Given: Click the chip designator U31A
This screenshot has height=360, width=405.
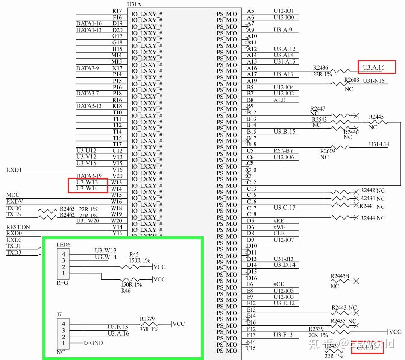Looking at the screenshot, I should pyautogui.click(x=135, y=4).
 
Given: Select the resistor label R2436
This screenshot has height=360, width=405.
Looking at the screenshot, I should pyautogui.click(x=320, y=68).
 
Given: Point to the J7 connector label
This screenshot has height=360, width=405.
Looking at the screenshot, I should pyautogui.click(x=59, y=315).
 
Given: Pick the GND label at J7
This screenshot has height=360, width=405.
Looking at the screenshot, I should pyautogui.click(x=96, y=343).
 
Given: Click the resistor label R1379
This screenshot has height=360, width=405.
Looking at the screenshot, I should pyautogui.click(x=147, y=319).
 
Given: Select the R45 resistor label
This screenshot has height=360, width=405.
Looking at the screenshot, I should pyautogui.click(x=134, y=255).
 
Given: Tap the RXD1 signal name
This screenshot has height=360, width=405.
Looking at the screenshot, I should pyautogui.click(x=14, y=170).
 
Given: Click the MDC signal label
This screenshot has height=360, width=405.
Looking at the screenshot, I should pyautogui.click(x=13, y=195).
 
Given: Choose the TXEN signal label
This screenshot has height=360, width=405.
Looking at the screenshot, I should pyautogui.click(x=15, y=214).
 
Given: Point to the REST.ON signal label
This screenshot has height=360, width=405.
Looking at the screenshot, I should pyautogui.click(x=18, y=227).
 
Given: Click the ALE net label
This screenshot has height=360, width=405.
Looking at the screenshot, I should pyautogui.click(x=279, y=100).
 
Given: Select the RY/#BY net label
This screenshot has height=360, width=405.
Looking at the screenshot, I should pyautogui.click(x=284, y=151).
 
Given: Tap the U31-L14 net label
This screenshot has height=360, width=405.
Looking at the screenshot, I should pyautogui.click(x=379, y=145).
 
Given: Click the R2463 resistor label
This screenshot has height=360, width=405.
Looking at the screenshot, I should pyautogui.click(x=67, y=209).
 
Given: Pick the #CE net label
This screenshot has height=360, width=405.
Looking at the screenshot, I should pyautogui.click(x=279, y=284).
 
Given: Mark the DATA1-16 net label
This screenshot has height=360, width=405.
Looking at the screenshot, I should pyautogui.click(x=89, y=23).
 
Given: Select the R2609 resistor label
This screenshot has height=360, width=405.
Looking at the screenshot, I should pyautogui.click(x=327, y=151).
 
